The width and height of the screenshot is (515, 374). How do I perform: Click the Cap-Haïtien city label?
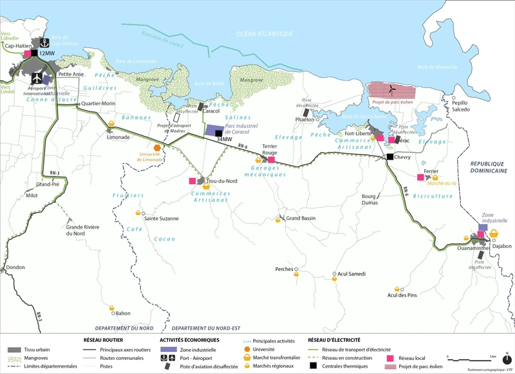18,46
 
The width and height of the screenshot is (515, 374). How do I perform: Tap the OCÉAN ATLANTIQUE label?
265,33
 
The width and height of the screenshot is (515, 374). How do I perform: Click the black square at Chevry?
389,157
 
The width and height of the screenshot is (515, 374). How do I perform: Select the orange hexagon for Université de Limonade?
167,147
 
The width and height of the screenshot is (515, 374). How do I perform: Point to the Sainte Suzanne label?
162,218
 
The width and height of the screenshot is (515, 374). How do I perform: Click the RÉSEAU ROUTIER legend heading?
103,339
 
